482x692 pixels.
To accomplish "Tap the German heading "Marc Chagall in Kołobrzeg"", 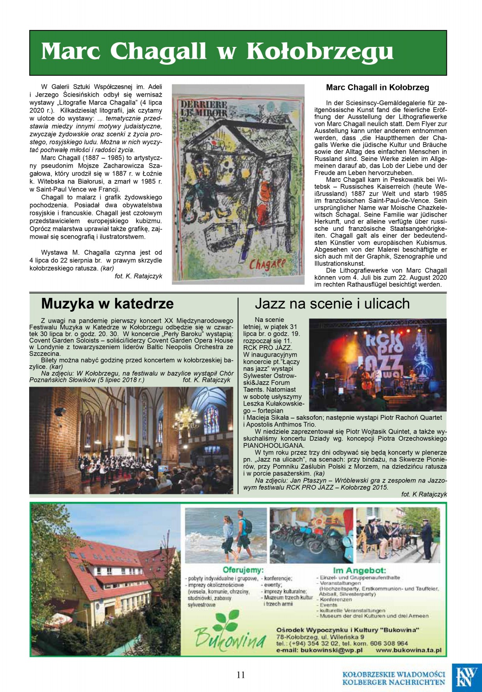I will coord(377,88).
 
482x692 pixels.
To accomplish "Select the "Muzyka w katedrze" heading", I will coord(107,304).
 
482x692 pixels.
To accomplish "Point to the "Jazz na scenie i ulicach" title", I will coord(332,304).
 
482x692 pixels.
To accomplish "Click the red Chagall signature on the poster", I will coord(267,264).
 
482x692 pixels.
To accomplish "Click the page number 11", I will coord(241,675).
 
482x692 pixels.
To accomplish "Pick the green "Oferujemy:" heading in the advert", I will coord(243,570).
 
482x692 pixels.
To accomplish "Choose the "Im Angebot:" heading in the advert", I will coord(359,570).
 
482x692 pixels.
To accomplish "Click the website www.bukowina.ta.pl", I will coord(408,651).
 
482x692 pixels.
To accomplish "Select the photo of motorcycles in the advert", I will coord(311,535).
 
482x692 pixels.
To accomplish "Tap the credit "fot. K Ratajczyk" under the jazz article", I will coord(424,494).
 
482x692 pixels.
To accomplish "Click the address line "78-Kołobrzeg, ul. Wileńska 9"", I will coord(320,637).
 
